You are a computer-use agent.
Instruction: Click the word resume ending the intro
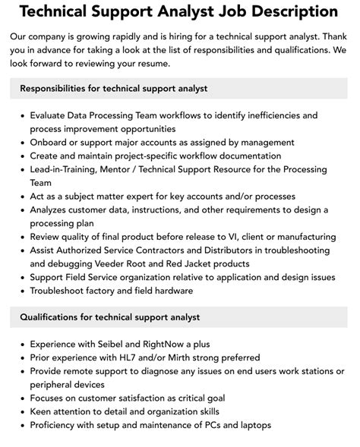click(166, 64)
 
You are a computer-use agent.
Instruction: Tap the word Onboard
click(50, 142)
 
